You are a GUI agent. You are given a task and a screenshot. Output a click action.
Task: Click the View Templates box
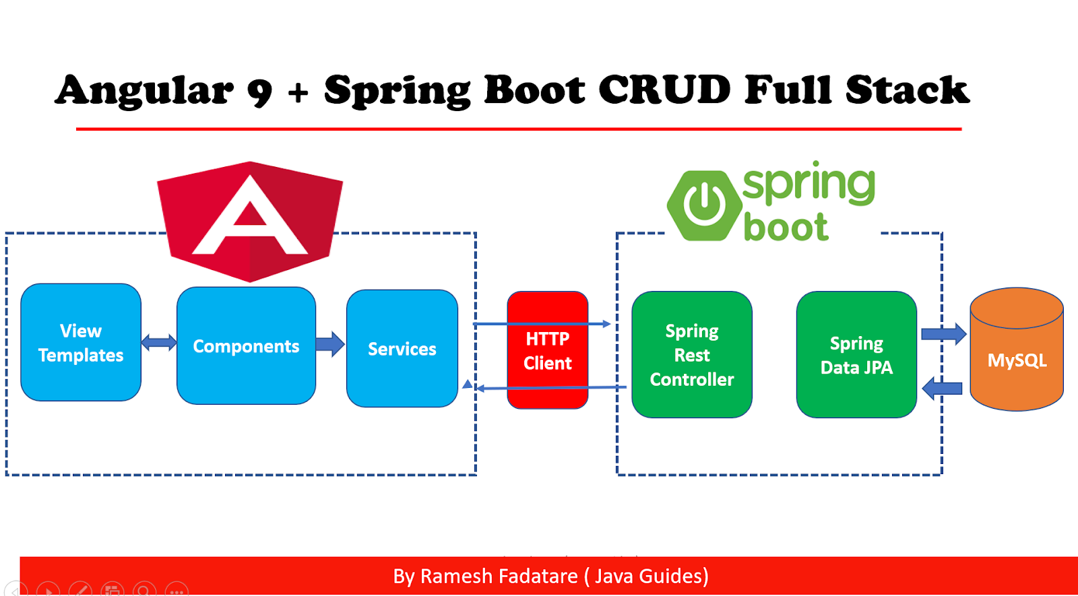tap(81, 342)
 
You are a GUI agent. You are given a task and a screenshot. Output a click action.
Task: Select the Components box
tap(246, 345)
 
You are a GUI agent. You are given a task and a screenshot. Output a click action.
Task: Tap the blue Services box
tap(402, 348)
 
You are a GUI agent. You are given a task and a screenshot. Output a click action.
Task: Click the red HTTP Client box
tap(547, 350)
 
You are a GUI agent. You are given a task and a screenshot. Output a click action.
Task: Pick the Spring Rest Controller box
tap(691, 355)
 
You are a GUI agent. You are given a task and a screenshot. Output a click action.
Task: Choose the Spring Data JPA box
tap(856, 355)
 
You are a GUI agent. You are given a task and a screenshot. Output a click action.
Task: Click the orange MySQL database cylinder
tap(1016, 360)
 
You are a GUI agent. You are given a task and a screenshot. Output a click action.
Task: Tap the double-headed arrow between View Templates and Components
tap(159, 343)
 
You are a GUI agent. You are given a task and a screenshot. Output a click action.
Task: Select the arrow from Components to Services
tap(330, 343)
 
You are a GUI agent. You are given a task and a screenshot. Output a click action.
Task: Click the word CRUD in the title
tap(664, 90)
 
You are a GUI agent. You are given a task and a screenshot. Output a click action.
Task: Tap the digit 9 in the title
tap(260, 92)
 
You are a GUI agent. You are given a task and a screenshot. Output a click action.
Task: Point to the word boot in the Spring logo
tap(786, 227)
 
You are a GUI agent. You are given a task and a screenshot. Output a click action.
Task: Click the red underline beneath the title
tap(519, 129)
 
